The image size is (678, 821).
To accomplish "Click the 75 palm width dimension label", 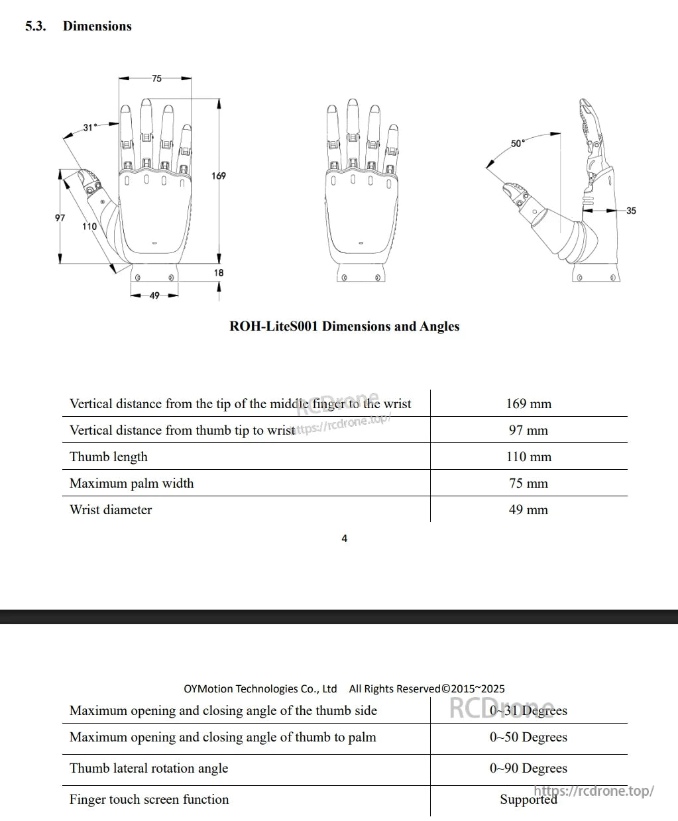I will click(156, 78).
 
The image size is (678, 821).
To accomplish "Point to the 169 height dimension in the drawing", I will click(219, 176).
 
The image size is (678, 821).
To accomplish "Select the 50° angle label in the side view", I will click(518, 143).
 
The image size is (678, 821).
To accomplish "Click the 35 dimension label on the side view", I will click(631, 211).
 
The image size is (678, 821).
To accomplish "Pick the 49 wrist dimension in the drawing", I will click(154, 296).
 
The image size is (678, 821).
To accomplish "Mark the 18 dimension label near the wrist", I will click(219, 272).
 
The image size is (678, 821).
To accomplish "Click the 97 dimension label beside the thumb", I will click(60, 217).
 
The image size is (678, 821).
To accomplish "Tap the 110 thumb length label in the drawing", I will click(89, 227).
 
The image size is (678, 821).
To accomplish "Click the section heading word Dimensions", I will click(97, 27).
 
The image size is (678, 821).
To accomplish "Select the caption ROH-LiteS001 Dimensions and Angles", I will click(344, 326).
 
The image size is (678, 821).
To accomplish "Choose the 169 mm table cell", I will click(528, 404).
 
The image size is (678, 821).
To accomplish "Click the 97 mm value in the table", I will click(528, 430).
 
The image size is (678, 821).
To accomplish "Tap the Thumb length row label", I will click(109, 457).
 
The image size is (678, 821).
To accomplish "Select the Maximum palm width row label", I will click(132, 483).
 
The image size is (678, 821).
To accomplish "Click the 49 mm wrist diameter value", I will click(528, 510).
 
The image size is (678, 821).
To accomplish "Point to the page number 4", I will click(344, 538).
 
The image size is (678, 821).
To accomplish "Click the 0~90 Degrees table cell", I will click(528, 768).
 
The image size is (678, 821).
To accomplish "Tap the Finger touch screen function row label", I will click(149, 799).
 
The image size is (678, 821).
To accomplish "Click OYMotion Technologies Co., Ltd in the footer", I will click(260, 688).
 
